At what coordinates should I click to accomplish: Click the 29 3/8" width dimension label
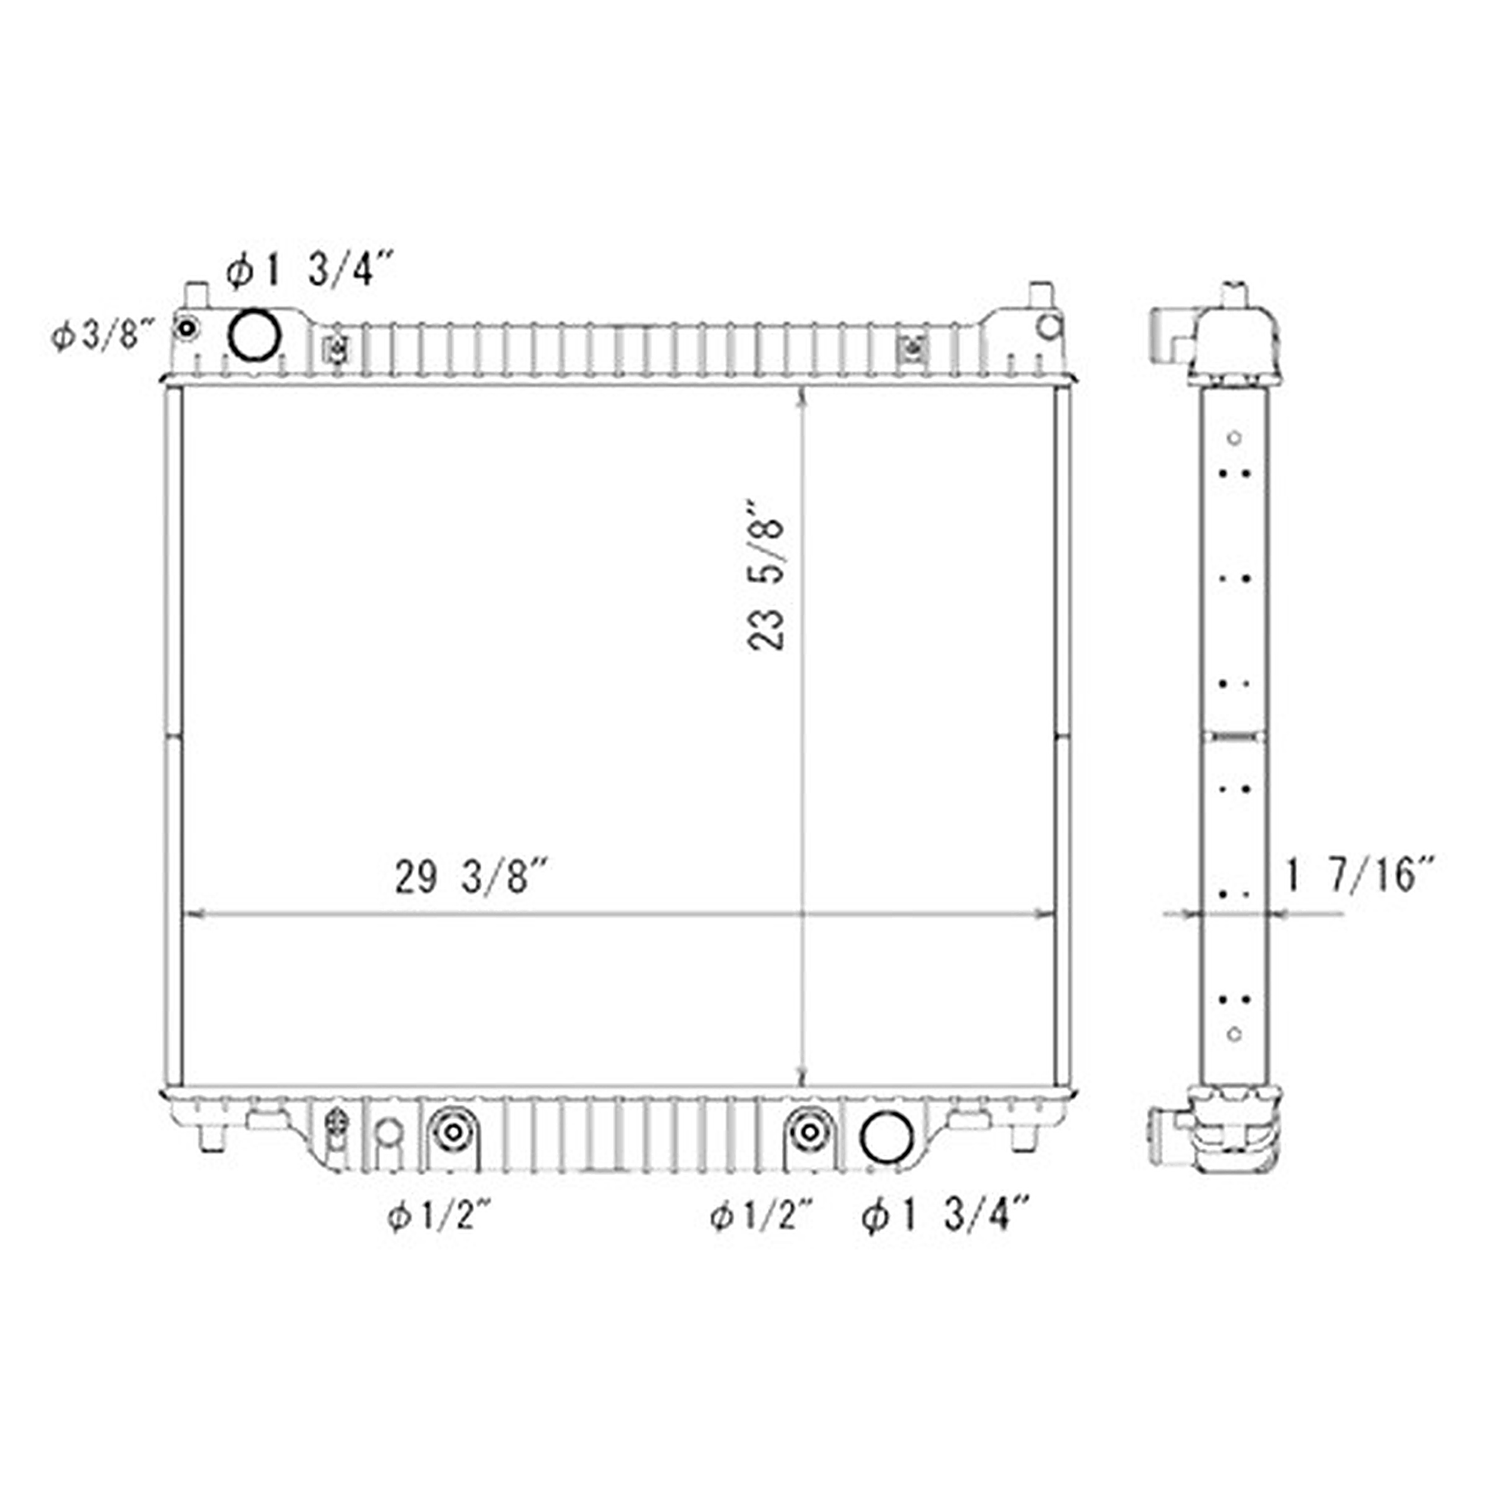[471, 877]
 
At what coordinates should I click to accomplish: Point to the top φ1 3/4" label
[309, 270]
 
